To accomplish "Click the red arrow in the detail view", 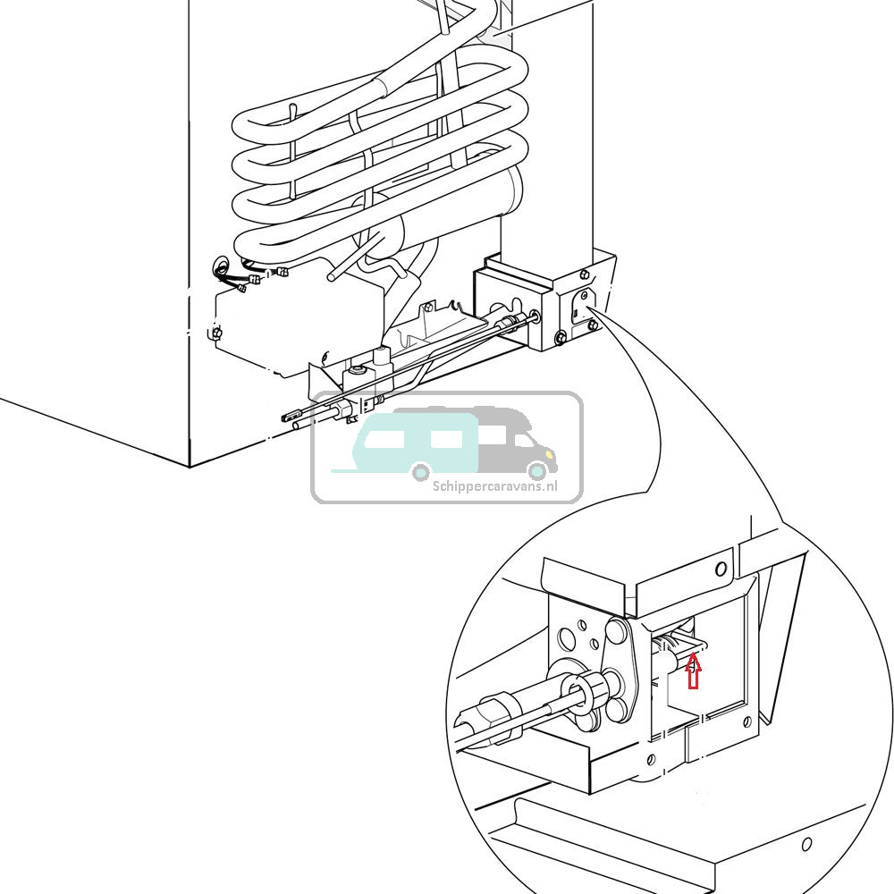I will point(693,671).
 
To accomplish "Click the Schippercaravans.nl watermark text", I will point(494,487).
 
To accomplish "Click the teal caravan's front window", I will point(446,439).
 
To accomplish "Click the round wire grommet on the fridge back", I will point(220,267).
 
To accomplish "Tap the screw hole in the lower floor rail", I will point(806,843).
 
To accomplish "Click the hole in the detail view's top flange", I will point(721,569).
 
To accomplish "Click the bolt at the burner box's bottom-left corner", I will point(560,337).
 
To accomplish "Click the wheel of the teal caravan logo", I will point(419,470).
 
